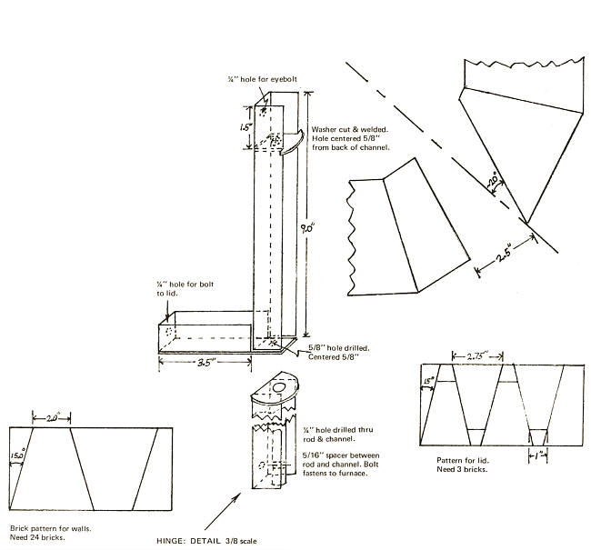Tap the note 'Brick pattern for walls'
50,526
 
